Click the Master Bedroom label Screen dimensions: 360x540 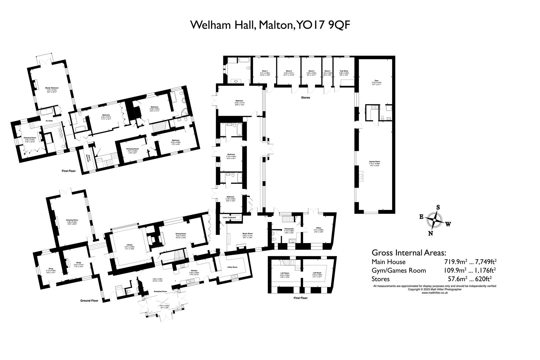52,88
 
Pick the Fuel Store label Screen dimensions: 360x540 344,71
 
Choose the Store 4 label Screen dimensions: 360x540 328,71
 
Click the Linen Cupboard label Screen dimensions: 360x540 229,217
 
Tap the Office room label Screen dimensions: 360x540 318,228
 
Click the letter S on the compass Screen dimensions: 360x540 438,207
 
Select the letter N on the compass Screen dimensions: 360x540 431,233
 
